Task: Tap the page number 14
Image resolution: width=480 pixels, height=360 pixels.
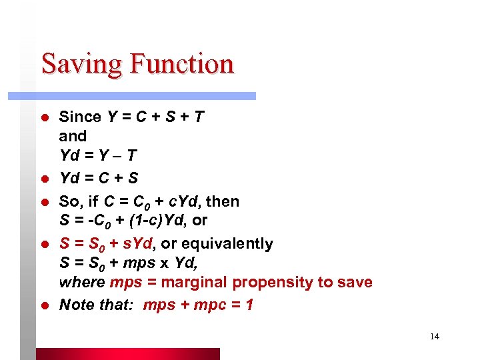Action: coord(435,336)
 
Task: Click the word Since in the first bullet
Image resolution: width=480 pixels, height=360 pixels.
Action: coord(80,117)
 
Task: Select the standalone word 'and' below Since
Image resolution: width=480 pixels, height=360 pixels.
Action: coord(73,136)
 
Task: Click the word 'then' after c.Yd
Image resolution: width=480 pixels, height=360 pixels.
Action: coord(224,201)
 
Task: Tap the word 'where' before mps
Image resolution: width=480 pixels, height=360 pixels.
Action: coord(82,282)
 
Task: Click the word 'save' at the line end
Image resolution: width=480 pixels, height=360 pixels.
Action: coord(354,282)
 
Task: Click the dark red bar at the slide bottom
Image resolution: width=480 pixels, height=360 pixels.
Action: coord(127,354)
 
